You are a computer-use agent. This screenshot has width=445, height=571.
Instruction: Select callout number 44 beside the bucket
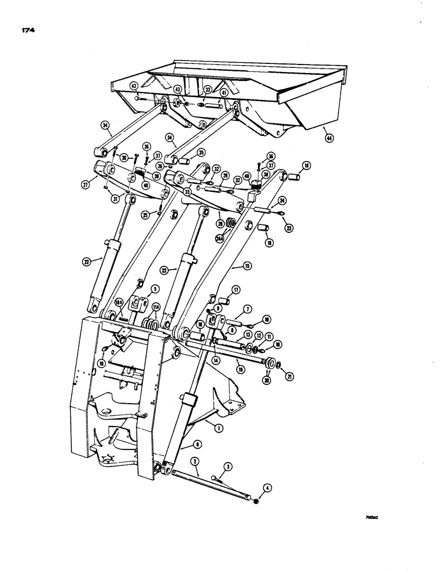tap(327, 136)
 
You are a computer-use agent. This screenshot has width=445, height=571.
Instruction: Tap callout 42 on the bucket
tap(133, 86)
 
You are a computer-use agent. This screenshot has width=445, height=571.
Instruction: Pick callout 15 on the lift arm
tap(247, 266)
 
